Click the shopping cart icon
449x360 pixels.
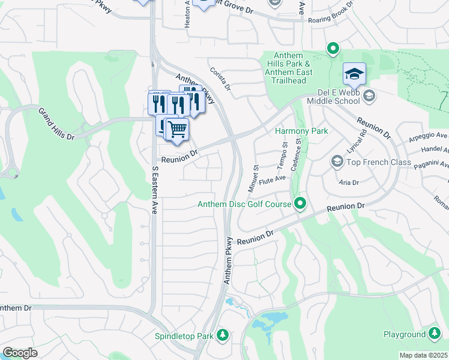pos(176,129)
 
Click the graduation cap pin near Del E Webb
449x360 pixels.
pos(354,74)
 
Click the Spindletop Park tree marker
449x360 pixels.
pos(223,334)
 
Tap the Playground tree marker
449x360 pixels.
pos(435,334)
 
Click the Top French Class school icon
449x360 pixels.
pos(337,162)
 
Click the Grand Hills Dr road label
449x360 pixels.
pos(56,124)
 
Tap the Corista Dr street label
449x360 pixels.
pos(220,79)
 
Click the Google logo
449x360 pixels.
pos(20,353)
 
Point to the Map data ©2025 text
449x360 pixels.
pos(423,355)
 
